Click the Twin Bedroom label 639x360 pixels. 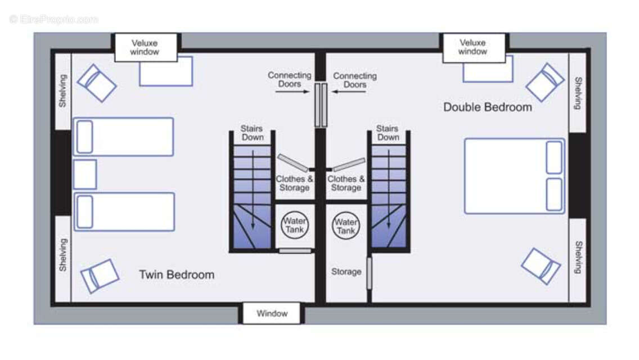point(177,275)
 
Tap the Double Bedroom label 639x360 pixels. point(487,107)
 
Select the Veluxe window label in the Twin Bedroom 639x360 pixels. point(145,47)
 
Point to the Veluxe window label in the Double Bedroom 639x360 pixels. point(472,47)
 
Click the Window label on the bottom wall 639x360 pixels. point(272,313)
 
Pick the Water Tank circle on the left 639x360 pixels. point(295,225)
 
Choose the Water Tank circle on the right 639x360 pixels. point(346,226)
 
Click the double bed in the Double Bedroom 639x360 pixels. point(514,176)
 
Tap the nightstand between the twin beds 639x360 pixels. point(85,174)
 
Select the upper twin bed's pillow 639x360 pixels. point(84,137)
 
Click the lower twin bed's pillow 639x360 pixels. point(84,211)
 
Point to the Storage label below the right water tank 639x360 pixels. point(346,272)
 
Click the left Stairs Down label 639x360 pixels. point(252,133)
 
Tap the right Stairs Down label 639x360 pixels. point(388,133)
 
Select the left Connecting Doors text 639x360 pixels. point(289,79)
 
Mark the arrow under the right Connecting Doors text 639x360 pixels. point(348,92)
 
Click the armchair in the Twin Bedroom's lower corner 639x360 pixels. point(100,276)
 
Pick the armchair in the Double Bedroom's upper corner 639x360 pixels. point(545,82)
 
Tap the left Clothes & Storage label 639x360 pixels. point(294,183)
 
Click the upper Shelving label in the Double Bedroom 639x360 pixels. point(578,93)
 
